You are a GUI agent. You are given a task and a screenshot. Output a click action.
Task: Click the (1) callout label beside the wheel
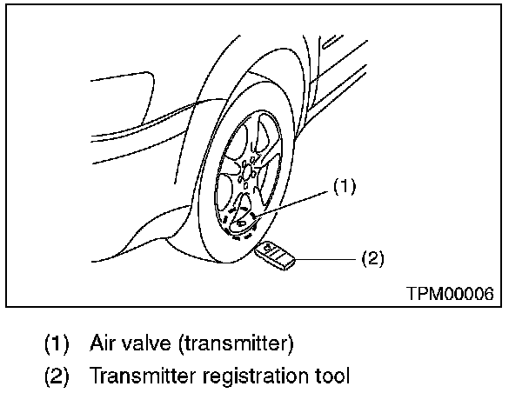coord(345,185)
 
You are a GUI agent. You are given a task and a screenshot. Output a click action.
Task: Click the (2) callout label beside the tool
coord(370,257)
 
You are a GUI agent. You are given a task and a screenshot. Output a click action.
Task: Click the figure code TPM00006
coord(449,294)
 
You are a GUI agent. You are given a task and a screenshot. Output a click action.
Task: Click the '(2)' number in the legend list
coord(56,376)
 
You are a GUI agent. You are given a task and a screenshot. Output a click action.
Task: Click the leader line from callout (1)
coord(296,201)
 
